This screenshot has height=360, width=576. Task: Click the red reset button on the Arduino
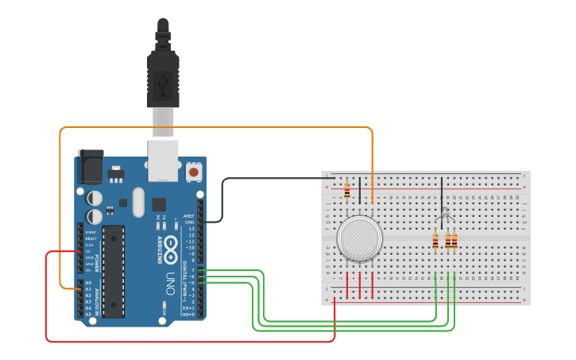(193, 171)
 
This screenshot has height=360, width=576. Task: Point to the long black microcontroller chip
(113, 271)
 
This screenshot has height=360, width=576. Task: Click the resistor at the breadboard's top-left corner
(347, 190)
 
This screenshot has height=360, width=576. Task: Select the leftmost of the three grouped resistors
(435, 241)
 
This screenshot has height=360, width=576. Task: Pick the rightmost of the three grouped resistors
(454, 241)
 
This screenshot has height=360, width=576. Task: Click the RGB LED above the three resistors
(445, 215)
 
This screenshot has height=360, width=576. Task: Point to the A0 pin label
(87, 283)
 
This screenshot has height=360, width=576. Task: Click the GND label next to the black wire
(189, 222)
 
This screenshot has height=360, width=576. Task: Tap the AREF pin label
(189, 215)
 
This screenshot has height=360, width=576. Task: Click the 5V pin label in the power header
(87, 251)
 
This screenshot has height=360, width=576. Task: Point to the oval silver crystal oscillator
(139, 202)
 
